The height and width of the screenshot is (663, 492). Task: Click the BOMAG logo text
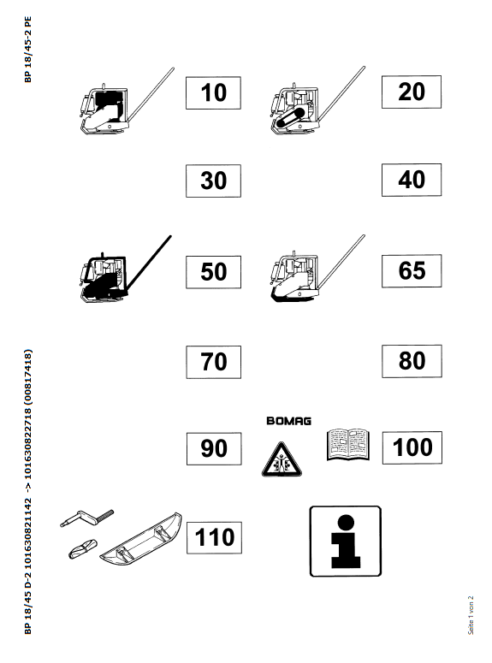pyautogui.click(x=289, y=421)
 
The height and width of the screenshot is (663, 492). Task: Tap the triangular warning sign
pyautogui.click(x=282, y=459)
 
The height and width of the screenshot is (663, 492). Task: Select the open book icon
pyautogui.click(x=348, y=444)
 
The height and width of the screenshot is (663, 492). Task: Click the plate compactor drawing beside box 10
pyautogui.click(x=127, y=101)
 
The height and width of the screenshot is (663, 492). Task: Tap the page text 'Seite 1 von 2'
pyautogui.click(x=471, y=615)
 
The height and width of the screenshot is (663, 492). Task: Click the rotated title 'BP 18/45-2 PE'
pyautogui.click(x=28, y=50)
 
